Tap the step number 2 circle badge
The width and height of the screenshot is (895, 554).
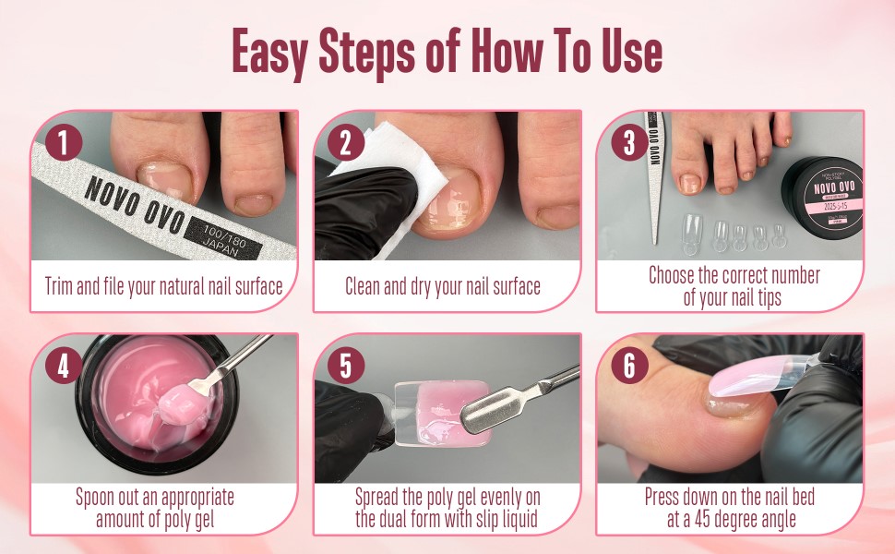(x=345, y=143)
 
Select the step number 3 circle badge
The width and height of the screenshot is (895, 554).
(x=629, y=143)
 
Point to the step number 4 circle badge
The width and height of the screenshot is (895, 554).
(x=64, y=366)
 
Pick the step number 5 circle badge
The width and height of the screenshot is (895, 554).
(x=345, y=366)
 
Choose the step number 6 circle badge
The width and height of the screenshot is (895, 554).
(x=629, y=366)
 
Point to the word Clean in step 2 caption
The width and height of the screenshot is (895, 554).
(x=365, y=286)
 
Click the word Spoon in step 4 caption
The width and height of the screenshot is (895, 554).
(x=97, y=498)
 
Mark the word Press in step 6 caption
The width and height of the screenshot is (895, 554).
(x=664, y=498)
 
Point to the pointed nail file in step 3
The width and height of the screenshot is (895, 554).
(x=654, y=175)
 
